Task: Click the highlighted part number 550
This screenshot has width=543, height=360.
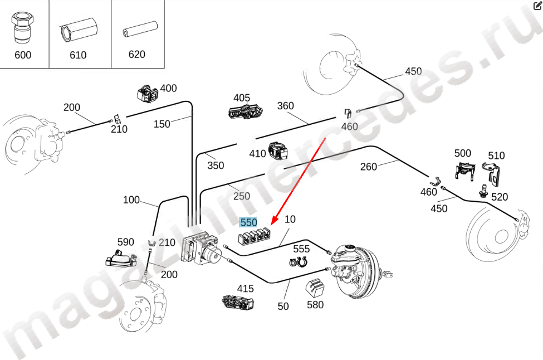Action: [248, 222]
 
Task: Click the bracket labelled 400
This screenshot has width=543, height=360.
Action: [148, 93]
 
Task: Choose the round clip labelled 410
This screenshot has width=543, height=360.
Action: [277, 150]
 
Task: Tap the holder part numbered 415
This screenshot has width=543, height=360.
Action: [238, 302]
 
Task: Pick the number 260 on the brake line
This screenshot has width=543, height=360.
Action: [369, 167]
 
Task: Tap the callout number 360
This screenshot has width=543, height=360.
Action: [285, 106]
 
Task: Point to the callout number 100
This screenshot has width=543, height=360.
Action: [131, 200]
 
